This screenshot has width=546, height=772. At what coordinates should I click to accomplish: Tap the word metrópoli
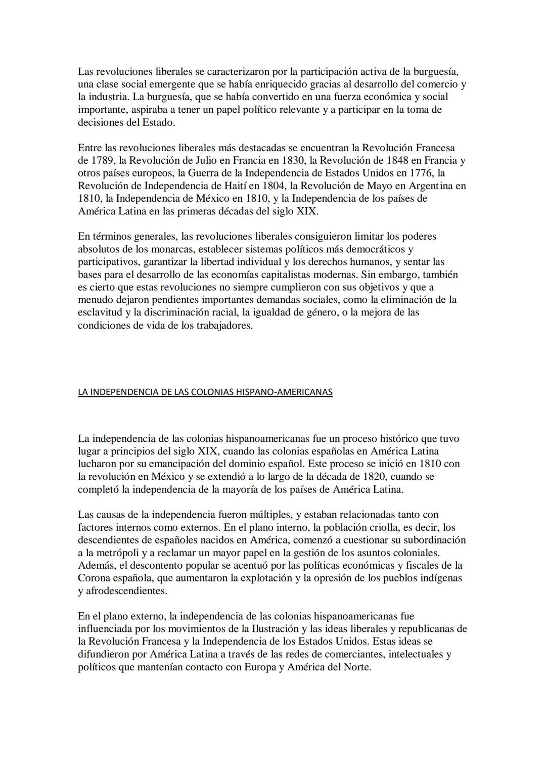[108, 553]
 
